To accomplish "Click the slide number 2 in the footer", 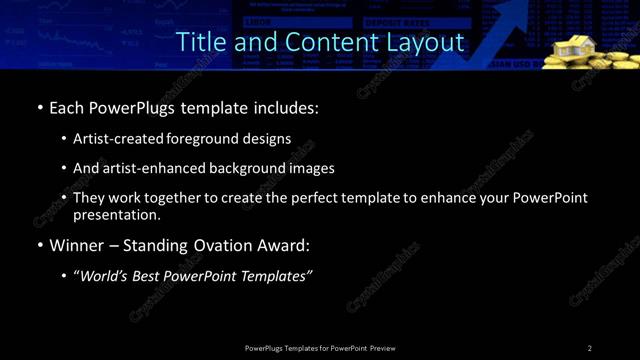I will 590,347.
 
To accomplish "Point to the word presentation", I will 117,214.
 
